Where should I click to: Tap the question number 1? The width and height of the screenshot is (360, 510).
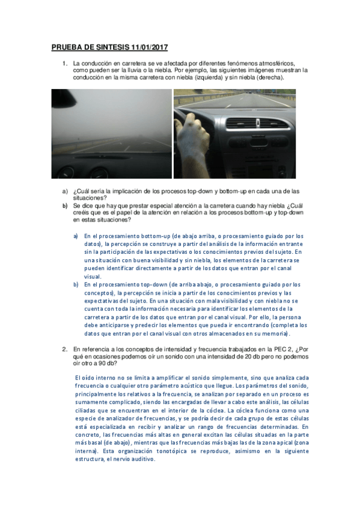[64, 63]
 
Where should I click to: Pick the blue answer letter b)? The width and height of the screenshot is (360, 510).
[76, 284]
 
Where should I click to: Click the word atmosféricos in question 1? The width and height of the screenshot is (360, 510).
[276, 63]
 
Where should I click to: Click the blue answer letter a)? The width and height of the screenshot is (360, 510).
[76, 237]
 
